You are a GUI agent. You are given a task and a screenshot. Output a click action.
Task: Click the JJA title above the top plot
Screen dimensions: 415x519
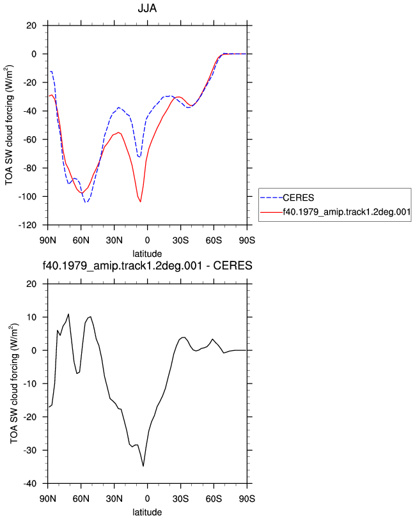(x=147, y=8)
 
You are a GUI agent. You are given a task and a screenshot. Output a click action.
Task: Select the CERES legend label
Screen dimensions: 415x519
(x=298, y=198)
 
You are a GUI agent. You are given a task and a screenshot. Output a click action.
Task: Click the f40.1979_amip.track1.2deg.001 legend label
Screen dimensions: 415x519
(x=347, y=212)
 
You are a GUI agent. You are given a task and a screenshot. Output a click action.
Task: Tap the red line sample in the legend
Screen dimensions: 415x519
(x=271, y=212)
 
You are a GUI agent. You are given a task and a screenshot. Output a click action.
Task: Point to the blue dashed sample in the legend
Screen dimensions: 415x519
(x=271, y=198)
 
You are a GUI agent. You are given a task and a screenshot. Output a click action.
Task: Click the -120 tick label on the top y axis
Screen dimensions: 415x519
(x=27, y=225)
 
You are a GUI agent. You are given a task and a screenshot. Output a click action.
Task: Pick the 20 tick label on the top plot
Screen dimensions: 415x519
(x=31, y=26)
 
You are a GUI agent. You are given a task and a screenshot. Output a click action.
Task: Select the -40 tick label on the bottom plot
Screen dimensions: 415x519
(x=30, y=484)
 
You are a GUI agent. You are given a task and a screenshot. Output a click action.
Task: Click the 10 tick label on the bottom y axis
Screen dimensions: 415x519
(x=31, y=317)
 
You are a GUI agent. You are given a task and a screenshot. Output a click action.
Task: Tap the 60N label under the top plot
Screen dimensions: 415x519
(x=81, y=240)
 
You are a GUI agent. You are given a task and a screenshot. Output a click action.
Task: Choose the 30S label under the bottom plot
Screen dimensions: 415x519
(x=180, y=499)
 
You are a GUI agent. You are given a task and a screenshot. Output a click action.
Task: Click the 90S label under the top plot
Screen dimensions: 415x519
(x=247, y=240)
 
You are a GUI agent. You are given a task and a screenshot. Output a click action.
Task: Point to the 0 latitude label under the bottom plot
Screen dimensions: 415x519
(x=147, y=499)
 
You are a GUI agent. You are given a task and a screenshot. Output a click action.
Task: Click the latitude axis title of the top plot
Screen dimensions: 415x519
(x=147, y=254)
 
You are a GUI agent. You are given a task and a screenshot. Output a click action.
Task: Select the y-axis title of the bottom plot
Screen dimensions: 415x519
(x=13, y=383)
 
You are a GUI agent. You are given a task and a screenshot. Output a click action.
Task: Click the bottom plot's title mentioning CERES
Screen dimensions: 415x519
(x=147, y=265)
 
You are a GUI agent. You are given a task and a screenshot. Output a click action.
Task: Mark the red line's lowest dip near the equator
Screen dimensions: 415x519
(x=141, y=201)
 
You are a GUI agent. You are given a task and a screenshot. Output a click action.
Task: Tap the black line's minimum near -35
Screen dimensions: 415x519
(x=143, y=466)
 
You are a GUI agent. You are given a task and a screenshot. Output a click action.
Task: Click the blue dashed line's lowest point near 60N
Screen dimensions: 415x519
(x=86, y=202)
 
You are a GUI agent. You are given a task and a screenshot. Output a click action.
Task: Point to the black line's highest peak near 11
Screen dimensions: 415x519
(x=68, y=314)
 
